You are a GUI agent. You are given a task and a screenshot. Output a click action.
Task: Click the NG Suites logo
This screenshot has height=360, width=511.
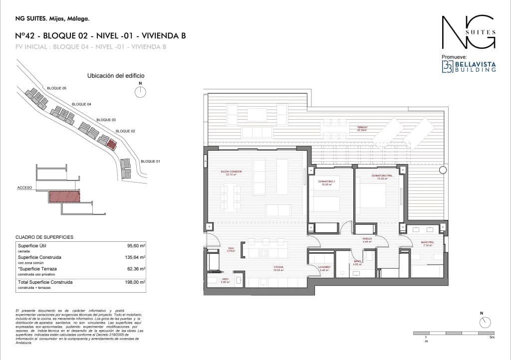469,33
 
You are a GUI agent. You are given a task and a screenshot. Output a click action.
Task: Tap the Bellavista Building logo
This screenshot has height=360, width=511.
469,67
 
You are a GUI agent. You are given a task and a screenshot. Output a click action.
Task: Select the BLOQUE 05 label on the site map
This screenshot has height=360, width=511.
56,88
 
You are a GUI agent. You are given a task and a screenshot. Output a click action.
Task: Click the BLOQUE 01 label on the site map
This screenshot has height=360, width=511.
151,162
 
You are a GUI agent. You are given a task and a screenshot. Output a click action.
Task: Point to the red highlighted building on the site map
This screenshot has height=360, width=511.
112,145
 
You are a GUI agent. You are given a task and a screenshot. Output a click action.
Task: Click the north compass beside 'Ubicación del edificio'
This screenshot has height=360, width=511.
141,92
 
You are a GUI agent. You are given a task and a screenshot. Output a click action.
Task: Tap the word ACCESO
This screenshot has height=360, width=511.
24,188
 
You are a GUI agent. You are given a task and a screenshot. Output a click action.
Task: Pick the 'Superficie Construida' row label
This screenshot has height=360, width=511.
39,257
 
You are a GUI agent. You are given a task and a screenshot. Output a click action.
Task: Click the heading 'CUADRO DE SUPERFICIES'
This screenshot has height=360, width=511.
44,236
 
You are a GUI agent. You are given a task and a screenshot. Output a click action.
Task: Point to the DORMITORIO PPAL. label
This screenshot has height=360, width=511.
383,177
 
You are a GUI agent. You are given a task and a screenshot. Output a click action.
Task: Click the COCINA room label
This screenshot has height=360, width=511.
278,268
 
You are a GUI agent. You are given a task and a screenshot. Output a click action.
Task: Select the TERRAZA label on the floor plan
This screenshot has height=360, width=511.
362,128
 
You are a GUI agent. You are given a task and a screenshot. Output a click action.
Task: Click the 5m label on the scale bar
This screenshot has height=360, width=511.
492,338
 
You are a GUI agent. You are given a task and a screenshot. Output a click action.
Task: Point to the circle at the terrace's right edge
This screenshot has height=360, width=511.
443,170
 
